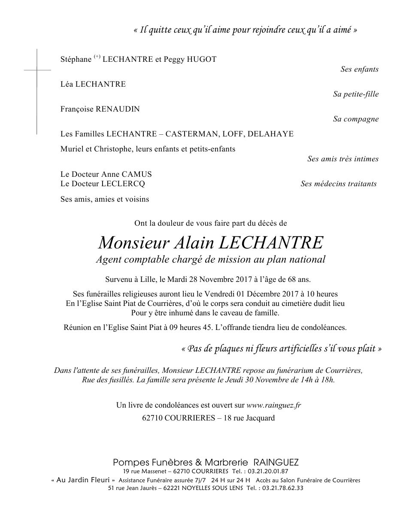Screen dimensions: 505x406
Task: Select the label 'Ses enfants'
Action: click(359, 69)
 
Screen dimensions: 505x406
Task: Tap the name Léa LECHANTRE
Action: click(93, 84)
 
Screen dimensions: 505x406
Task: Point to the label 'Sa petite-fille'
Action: click(356, 94)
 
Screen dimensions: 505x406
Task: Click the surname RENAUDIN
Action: click(117, 109)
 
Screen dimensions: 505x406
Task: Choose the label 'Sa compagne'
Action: click(356, 119)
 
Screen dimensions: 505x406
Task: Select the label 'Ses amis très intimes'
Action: click(343, 159)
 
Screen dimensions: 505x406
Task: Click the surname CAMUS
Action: click(137, 175)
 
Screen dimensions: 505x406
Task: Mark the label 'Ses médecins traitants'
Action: click(339, 184)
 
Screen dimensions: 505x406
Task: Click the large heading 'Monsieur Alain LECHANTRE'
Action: click(210, 243)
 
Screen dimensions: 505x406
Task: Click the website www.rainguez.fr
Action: click(274, 405)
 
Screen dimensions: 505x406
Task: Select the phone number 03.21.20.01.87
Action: click(270, 471)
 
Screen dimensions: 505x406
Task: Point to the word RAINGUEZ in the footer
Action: click(276, 463)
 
